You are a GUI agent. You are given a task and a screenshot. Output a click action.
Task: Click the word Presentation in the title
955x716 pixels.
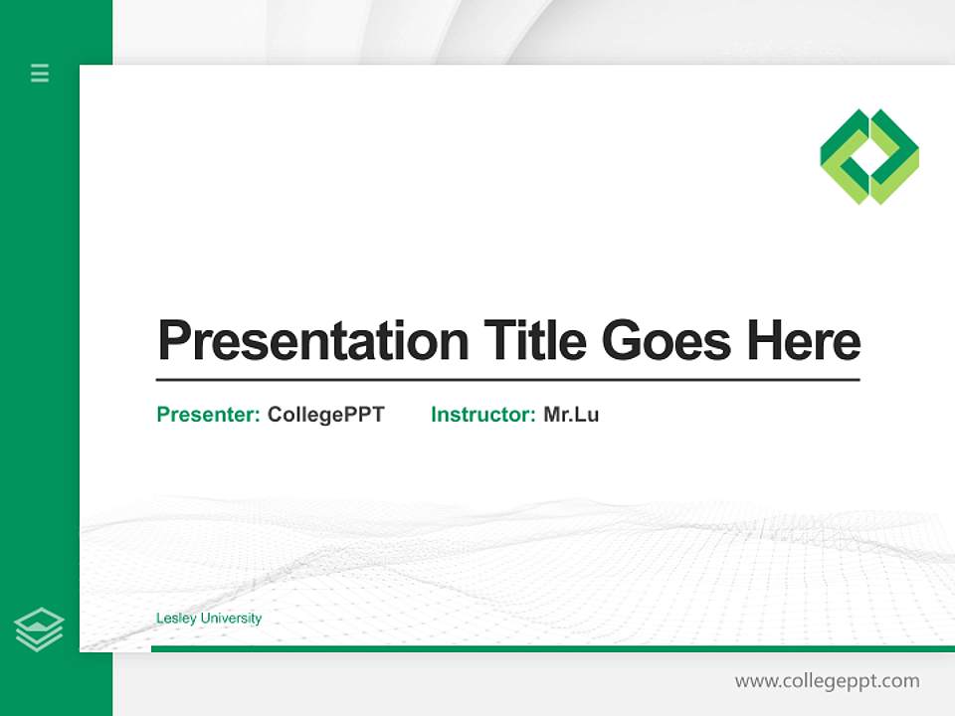click(x=313, y=341)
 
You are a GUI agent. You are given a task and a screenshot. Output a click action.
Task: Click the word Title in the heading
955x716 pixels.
click(x=536, y=341)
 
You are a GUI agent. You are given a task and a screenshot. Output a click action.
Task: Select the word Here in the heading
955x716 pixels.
click(x=804, y=341)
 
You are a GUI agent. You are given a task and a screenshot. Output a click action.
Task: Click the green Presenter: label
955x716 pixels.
click(x=209, y=415)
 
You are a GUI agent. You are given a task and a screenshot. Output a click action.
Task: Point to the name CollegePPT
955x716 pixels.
click(x=325, y=415)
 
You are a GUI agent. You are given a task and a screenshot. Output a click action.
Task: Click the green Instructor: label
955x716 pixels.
click(x=483, y=415)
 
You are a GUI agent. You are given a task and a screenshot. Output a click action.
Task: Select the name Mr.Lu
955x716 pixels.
click(x=571, y=415)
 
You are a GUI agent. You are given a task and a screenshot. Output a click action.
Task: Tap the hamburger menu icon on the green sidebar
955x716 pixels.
click(x=40, y=73)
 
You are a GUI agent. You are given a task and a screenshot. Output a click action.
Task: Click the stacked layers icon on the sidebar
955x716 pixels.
click(x=39, y=629)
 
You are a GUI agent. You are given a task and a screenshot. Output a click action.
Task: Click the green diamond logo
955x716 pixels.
click(x=869, y=157)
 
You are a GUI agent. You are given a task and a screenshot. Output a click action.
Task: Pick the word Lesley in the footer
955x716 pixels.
click(x=177, y=619)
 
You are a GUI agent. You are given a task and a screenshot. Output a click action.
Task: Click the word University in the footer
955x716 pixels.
click(x=231, y=619)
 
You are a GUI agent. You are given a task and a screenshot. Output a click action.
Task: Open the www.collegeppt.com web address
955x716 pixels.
click(x=827, y=681)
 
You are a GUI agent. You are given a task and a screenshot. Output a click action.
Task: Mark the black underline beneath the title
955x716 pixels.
click(x=507, y=380)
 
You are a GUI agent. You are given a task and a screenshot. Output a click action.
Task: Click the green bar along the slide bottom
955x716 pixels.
click(x=547, y=648)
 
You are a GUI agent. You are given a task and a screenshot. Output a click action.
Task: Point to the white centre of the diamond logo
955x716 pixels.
click(x=869, y=157)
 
